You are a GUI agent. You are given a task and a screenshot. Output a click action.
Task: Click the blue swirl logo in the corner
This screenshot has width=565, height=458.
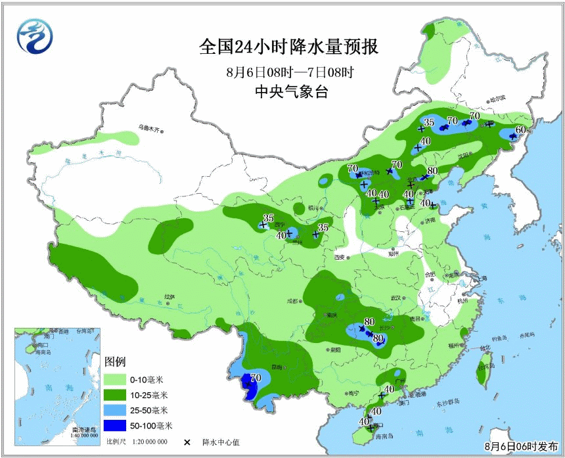click(32, 37)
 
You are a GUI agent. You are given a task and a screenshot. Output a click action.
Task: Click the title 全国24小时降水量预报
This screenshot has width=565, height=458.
click(289, 48)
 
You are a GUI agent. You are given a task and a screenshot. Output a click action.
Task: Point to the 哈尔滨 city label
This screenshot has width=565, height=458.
click(497, 99)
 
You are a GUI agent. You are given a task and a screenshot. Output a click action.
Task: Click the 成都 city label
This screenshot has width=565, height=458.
click(292, 302)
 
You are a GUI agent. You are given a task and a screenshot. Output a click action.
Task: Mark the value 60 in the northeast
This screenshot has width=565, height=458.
click(520, 129)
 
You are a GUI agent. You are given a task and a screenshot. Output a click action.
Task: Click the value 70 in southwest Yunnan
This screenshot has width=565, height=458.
click(256, 378)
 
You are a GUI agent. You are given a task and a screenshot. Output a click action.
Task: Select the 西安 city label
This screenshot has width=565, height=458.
click(340, 257)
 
